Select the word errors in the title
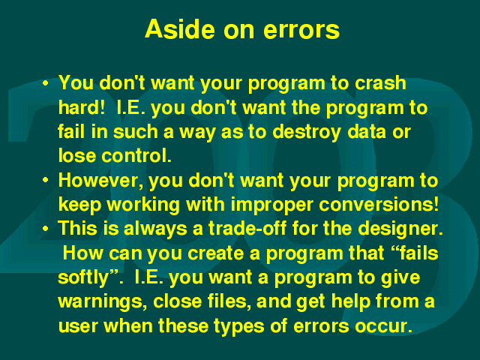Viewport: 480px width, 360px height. pyautogui.click(x=301, y=30)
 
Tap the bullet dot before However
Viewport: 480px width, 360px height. pyautogui.click(x=45, y=180)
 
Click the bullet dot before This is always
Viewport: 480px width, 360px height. pyautogui.click(x=45, y=229)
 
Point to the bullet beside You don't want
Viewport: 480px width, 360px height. pyautogui.click(x=45, y=83)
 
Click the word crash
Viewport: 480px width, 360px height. pyautogui.click(x=380, y=82)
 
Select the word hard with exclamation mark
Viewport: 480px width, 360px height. pyautogui.click(x=81, y=107)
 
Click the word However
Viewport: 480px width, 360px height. pyautogui.click(x=100, y=180)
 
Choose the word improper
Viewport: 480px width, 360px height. pyautogui.click(x=272, y=205)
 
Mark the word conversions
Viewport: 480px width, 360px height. pyautogui.click(x=379, y=204)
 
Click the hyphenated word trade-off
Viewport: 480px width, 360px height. pyautogui.click(x=247, y=228)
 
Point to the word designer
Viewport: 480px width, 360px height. pyautogui.click(x=400, y=229)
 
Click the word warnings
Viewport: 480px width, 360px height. pyautogui.click(x=100, y=302)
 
